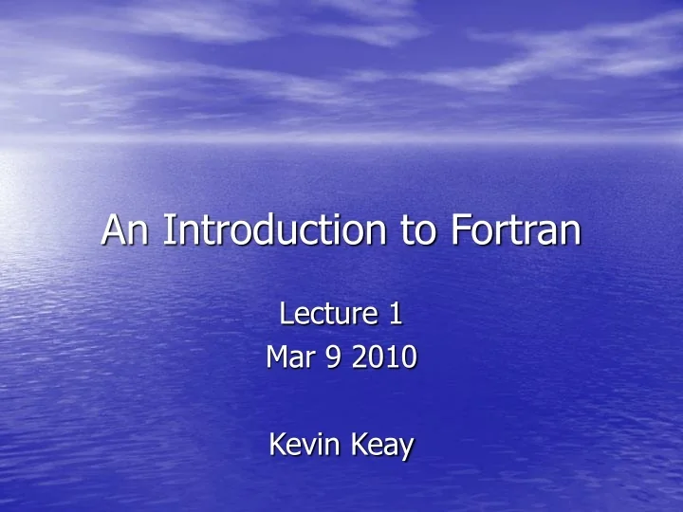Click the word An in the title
[126, 229]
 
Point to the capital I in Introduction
[168, 229]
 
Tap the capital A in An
[115, 229]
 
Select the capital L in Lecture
[289, 313]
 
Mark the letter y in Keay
[406, 448]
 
